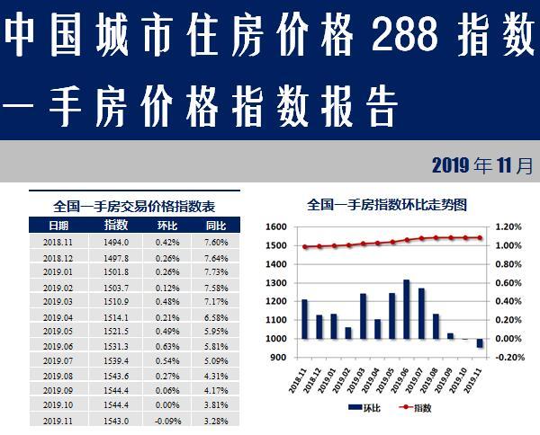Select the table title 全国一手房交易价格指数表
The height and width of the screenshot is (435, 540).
[x=136, y=205]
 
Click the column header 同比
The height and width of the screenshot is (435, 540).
[x=216, y=225]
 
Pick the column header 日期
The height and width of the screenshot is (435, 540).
[x=58, y=225]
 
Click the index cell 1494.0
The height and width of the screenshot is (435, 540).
[x=118, y=242]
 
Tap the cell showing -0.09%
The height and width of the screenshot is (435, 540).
[x=167, y=421]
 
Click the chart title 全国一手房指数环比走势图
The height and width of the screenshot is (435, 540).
[x=387, y=204]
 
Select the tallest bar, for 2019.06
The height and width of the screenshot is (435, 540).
[x=407, y=309]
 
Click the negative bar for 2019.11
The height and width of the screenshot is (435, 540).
[x=481, y=343]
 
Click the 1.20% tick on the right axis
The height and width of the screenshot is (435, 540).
[x=508, y=227]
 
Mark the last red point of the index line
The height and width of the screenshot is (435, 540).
[x=481, y=238]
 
